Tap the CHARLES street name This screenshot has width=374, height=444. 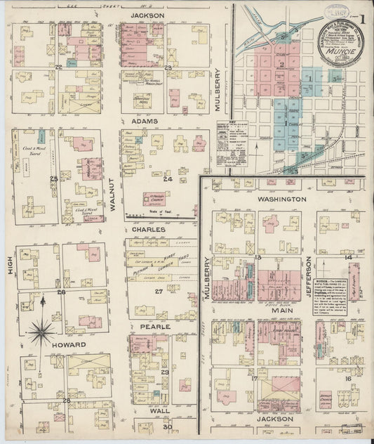coord(147,229)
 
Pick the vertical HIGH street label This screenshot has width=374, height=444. coord(11,263)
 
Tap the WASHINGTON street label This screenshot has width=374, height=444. coord(281,199)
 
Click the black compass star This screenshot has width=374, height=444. coord(42,327)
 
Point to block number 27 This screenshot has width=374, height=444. coord(159,291)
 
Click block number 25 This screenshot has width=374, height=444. coord(53,178)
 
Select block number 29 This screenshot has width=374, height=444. coord(165,372)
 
